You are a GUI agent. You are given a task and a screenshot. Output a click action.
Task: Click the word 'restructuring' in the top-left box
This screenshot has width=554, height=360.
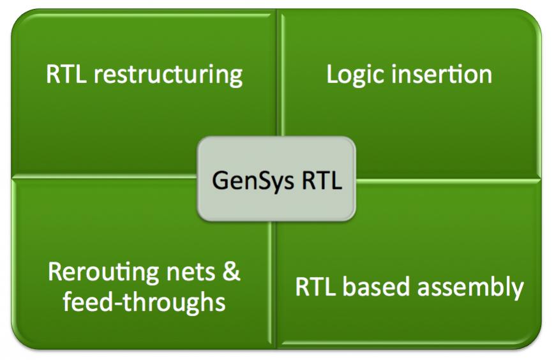tap(168, 75)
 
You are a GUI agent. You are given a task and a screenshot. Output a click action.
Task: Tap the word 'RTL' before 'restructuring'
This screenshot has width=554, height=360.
tap(66, 74)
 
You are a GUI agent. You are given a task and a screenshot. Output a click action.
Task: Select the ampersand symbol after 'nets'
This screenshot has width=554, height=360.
tap(232, 272)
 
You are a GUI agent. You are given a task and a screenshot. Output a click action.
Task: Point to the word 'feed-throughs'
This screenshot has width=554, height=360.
tap(144, 302)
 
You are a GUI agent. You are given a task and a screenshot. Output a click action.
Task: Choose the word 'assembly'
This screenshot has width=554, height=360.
tap(470, 288)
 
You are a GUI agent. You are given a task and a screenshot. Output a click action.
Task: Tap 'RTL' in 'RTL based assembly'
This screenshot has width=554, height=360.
tap(315, 287)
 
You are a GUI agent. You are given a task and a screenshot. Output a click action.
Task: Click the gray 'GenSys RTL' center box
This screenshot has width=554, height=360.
tap(276, 179)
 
